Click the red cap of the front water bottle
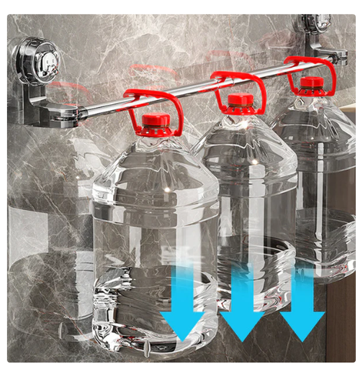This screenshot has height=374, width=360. click(155, 124)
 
